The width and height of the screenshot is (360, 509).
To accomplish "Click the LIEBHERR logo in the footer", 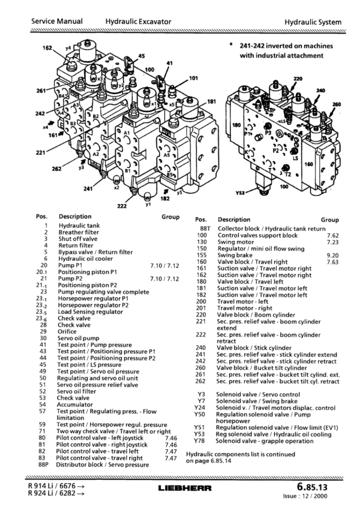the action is click(185, 488).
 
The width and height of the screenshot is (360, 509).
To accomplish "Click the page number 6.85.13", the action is click(312, 487).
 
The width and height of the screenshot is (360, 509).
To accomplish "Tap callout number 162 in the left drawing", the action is click(47, 48).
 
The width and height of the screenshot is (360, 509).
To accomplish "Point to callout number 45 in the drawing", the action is click(142, 56).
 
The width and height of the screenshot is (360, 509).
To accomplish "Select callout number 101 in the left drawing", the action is click(193, 78).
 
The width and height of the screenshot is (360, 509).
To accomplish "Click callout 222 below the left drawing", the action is click(122, 206).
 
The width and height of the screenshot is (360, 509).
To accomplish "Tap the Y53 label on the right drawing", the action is click(241, 193).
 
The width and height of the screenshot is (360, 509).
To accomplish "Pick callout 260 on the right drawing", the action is click(337, 104).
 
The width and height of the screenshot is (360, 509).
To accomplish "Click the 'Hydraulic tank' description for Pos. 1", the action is click(79, 225).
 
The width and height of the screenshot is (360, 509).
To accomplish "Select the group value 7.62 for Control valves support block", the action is click(333, 236).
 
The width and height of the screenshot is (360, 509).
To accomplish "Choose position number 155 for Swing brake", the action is click(202, 255).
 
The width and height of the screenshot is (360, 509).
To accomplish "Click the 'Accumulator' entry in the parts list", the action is click(75, 405).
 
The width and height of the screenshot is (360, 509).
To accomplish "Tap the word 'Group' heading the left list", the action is click(170, 217).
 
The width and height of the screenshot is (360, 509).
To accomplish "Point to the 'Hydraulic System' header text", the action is click(313, 22).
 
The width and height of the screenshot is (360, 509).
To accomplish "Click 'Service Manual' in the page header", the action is click(57, 22).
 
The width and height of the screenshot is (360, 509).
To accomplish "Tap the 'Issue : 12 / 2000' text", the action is click(305, 496).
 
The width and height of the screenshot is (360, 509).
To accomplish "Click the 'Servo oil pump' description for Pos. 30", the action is click(79, 338).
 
